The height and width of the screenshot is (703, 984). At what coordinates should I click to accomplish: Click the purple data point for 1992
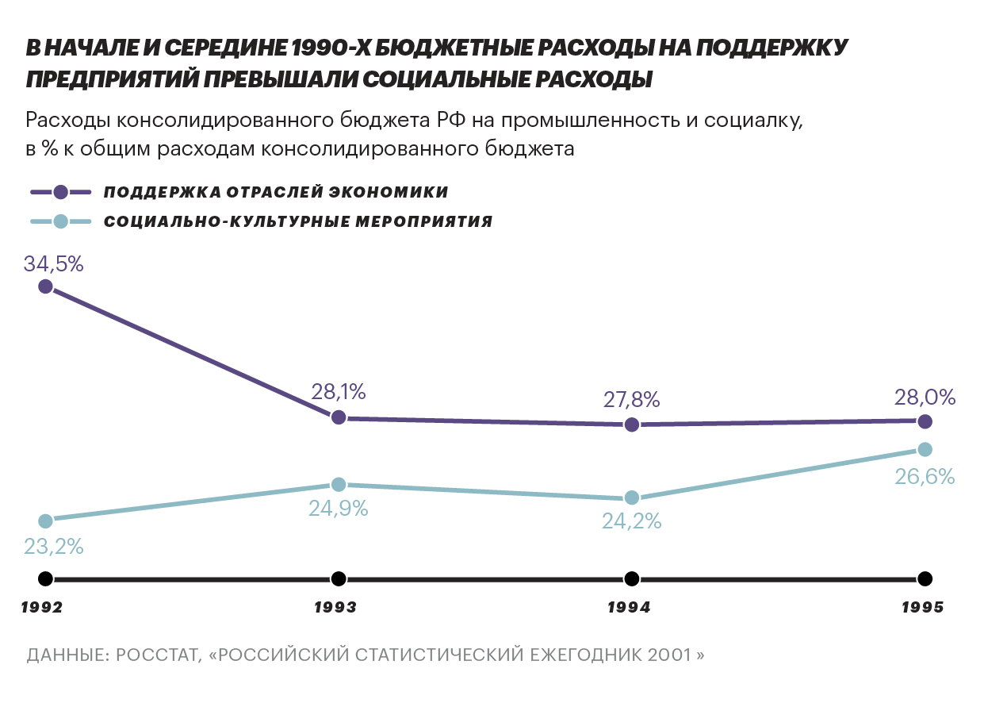[x=45, y=286]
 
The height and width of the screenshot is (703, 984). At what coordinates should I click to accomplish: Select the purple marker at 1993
[x=339, y=417]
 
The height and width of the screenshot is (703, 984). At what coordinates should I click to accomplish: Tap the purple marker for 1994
[x=632, y=424]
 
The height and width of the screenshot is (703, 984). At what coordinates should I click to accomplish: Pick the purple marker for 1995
[x=925, y=421]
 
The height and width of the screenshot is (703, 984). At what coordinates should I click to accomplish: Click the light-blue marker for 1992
[x=45, y=521]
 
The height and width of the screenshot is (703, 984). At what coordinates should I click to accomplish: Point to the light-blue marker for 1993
[x=339, y=485]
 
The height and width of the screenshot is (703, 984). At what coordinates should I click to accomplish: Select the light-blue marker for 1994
[x=632, y=497]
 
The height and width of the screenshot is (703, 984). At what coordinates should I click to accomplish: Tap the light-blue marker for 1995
[x=925, y=449]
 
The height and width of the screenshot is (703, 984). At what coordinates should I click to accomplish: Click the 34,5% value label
[x=54, y=263]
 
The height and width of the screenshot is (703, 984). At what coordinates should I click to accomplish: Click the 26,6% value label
[x=925, y=477]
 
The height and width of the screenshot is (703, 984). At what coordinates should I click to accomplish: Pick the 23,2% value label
[x=54, y=547]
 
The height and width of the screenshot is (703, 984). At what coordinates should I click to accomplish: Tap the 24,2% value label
[x=632, y=522]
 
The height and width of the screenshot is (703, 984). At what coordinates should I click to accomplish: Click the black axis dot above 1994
[x=632, y=578]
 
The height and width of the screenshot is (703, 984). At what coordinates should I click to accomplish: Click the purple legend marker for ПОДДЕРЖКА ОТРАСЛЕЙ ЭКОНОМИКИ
[x=61, y=192]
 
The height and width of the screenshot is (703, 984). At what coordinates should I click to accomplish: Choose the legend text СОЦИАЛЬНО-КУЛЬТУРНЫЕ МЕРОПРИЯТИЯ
[x=298, y=221]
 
